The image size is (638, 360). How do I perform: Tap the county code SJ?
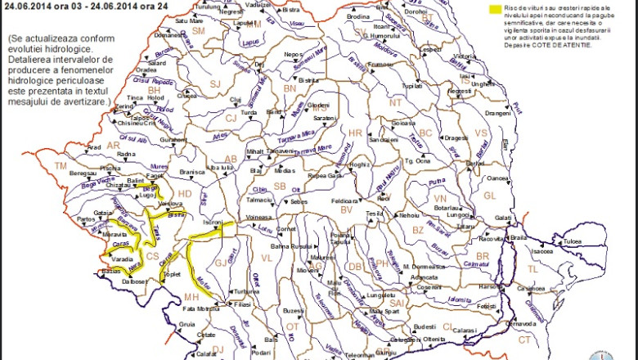coord(216,83)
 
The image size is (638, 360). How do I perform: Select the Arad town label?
coord(94,147)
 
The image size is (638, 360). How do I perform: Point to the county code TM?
coord(60,165)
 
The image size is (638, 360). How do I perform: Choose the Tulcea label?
coord(571,241)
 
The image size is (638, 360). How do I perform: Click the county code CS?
coord(152,256)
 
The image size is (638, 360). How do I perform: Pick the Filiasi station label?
coord(242,304)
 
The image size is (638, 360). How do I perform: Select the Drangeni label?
coord(497,113)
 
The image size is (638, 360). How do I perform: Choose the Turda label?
coord(249,112)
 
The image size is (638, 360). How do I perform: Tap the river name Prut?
coord(517,107)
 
